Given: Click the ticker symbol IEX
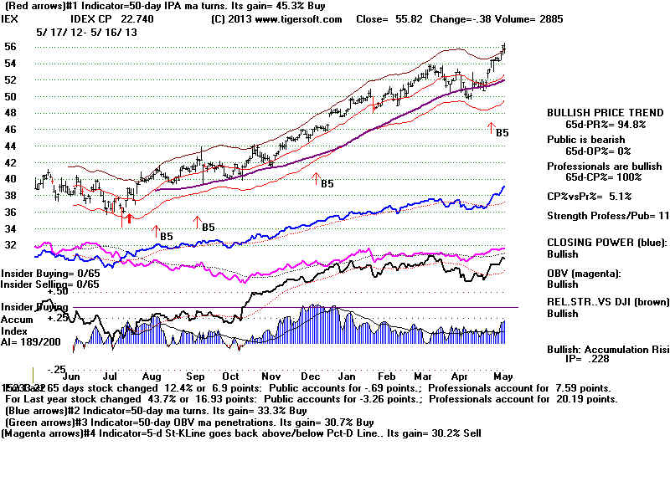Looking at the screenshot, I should [12, 18].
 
